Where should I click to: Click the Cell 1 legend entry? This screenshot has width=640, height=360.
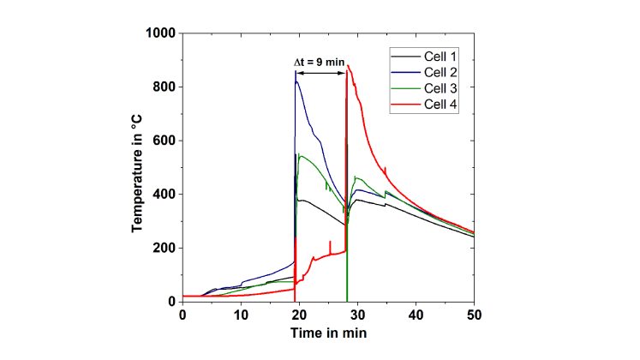(442, 57)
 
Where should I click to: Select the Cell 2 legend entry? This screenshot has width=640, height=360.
(442, 72)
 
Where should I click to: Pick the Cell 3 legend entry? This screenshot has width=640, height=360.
(442, 87)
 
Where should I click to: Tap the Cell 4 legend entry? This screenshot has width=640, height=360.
(442, 104)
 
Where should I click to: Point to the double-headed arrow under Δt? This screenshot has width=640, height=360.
(321, 74)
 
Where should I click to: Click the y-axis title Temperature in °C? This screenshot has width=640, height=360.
(136, 166)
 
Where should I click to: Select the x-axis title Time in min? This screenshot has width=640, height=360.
(328, 333)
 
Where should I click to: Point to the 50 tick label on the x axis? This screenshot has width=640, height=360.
(474, 315)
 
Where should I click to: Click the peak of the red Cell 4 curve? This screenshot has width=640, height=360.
(347, 67)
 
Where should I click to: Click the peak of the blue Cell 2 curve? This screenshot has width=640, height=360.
(296, 72)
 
